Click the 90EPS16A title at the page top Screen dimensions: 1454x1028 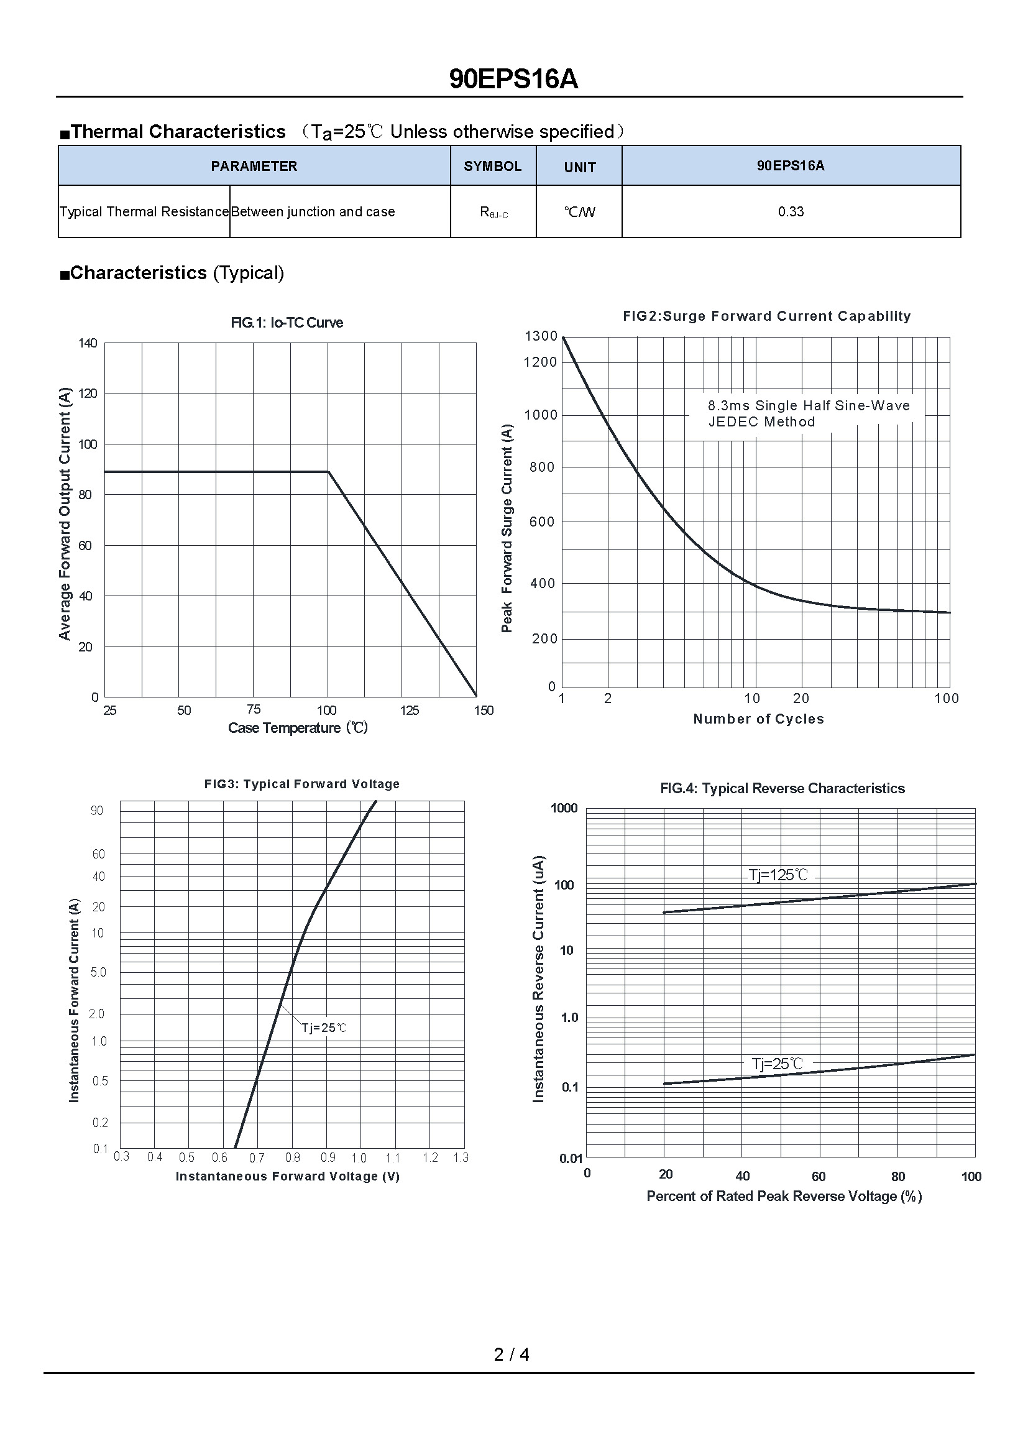coord(513,80)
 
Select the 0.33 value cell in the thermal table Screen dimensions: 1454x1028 coord(791,211)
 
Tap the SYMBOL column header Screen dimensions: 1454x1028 coord(492,166)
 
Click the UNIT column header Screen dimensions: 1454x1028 coord(579,167)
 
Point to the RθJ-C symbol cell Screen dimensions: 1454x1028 coord(493,213)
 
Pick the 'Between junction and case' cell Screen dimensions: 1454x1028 coord(313,211)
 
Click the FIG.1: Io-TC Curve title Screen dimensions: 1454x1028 coord(287,323)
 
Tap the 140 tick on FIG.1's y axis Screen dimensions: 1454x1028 coord(88,343)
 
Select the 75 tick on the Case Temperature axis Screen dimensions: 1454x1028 coord(253,709)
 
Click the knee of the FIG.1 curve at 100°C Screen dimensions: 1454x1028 coord(329,472)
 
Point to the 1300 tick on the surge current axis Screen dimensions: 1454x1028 coord(541,336)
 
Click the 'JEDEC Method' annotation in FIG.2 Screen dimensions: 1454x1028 coord(761,421)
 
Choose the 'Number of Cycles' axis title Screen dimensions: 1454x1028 coord(758,719)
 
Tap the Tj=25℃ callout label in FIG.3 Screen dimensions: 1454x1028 coord(324,1027)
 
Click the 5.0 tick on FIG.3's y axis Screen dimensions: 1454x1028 coord(98,972)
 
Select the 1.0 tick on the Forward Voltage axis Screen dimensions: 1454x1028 coord(359,1158)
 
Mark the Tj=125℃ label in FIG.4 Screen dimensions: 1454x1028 coord(778,875)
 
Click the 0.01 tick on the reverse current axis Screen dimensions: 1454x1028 coord(571,1158)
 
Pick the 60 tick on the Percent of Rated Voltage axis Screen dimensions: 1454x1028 coord(819,1177)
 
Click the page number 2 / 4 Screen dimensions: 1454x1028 coord(512,1354)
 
